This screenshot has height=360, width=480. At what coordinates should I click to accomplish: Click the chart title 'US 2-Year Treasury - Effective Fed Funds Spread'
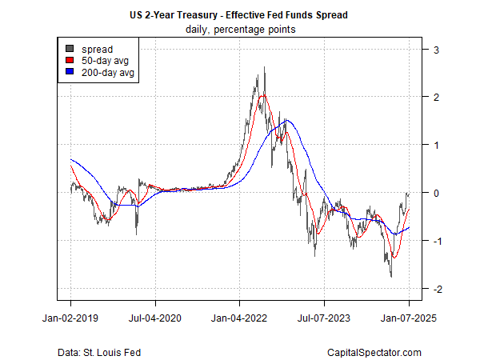point(240,15)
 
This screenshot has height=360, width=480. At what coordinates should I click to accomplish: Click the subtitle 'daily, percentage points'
point(240,30)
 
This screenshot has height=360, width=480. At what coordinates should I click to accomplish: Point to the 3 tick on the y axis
point(437,50)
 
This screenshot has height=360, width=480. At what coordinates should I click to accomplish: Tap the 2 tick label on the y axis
point(437,97)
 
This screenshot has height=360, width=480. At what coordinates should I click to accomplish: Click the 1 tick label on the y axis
point(437,145)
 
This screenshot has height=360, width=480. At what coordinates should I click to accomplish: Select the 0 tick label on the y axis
point(437,193)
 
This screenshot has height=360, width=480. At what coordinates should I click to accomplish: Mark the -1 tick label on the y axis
point(435,241)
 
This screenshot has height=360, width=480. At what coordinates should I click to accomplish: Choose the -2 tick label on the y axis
point(435,289)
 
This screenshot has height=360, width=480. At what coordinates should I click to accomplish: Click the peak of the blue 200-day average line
point(287,120)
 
